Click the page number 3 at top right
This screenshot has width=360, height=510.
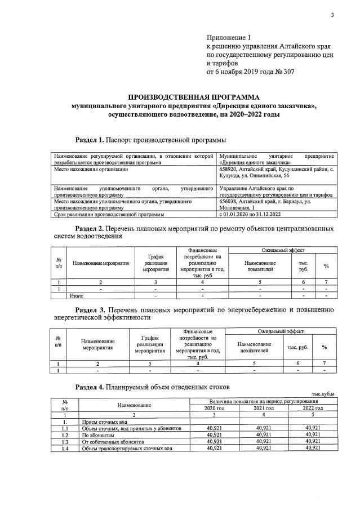[x=333, y=15]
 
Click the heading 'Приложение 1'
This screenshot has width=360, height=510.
[x=230, y=37]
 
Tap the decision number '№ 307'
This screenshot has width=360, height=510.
[x=282, y=72]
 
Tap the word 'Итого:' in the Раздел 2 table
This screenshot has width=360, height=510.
[x=76, y=295]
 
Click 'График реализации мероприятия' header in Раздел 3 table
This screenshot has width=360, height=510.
[x=149, y=344]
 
